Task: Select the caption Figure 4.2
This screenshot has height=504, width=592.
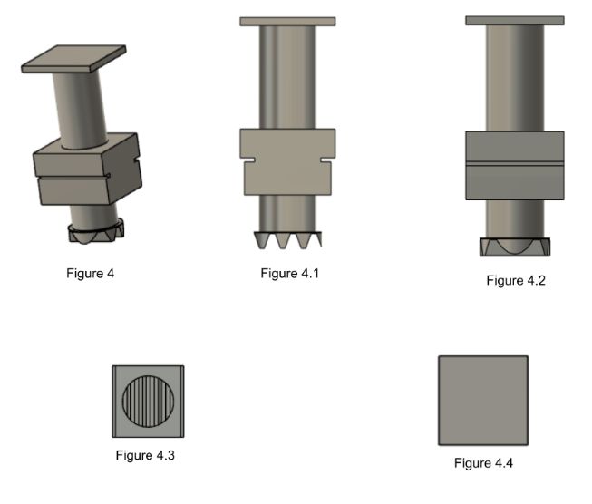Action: tap(515, 281)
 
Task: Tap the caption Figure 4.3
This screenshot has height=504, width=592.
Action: tap(145, 455)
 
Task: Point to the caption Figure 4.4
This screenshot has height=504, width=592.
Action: tap(484, 463)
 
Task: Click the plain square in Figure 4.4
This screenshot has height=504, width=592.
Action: tap(482, 400)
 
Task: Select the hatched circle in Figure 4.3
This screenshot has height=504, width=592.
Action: tap(149, 400)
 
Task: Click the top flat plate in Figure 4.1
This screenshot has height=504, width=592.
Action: tap(287, 21)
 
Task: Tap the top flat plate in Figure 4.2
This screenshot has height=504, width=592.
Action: tap(514, 20)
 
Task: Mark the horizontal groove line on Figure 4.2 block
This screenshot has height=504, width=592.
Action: tap(514, 163)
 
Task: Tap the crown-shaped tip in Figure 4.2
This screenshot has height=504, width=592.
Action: tap(514, 247)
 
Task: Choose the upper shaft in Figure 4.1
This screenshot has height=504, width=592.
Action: tap(287, 77)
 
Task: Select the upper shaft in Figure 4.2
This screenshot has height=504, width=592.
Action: tap(514, 77)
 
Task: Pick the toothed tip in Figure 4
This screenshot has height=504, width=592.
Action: tap(94, 233)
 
